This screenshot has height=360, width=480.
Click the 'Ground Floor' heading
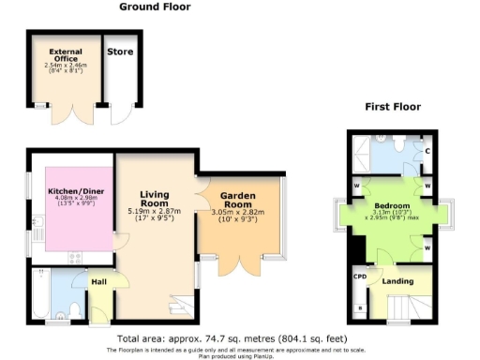155,7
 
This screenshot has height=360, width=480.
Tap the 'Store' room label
119,52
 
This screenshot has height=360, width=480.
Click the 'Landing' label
398,280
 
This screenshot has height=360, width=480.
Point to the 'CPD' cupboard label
359,277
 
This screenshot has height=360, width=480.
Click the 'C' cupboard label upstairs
427,151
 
